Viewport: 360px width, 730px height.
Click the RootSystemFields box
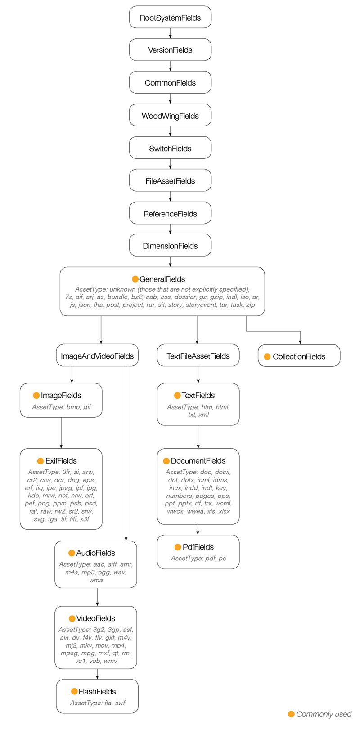coord(170,18)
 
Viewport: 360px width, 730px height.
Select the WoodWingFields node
coord(170,116)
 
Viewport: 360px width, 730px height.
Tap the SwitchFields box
coord(170,148)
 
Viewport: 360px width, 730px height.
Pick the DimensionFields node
coord(170,246)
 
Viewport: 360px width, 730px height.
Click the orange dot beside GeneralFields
coord(135,279)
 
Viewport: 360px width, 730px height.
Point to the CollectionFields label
coord(299,356)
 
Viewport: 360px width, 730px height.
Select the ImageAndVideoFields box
coord(97,356)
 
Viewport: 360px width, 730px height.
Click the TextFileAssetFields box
coord(198,356)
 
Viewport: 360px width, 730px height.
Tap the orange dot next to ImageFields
coord(36,395)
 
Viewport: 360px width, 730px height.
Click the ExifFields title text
coord(61,460)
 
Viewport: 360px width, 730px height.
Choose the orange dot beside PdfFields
coord(178,547)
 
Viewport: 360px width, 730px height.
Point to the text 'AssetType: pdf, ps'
coord(198,558)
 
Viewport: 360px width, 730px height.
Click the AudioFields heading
coord(95,553)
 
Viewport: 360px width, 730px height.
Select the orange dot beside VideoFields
coord(72,618)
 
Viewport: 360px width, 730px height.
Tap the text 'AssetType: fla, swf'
coord(98,703)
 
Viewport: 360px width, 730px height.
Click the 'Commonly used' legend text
coord(324,714)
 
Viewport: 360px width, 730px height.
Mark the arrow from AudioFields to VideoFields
coord(97,597)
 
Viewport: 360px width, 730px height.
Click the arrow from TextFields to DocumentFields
coord(198,437)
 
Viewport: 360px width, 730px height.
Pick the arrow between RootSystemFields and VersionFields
coord(170,33)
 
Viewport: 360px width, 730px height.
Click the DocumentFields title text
coord(198,460)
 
